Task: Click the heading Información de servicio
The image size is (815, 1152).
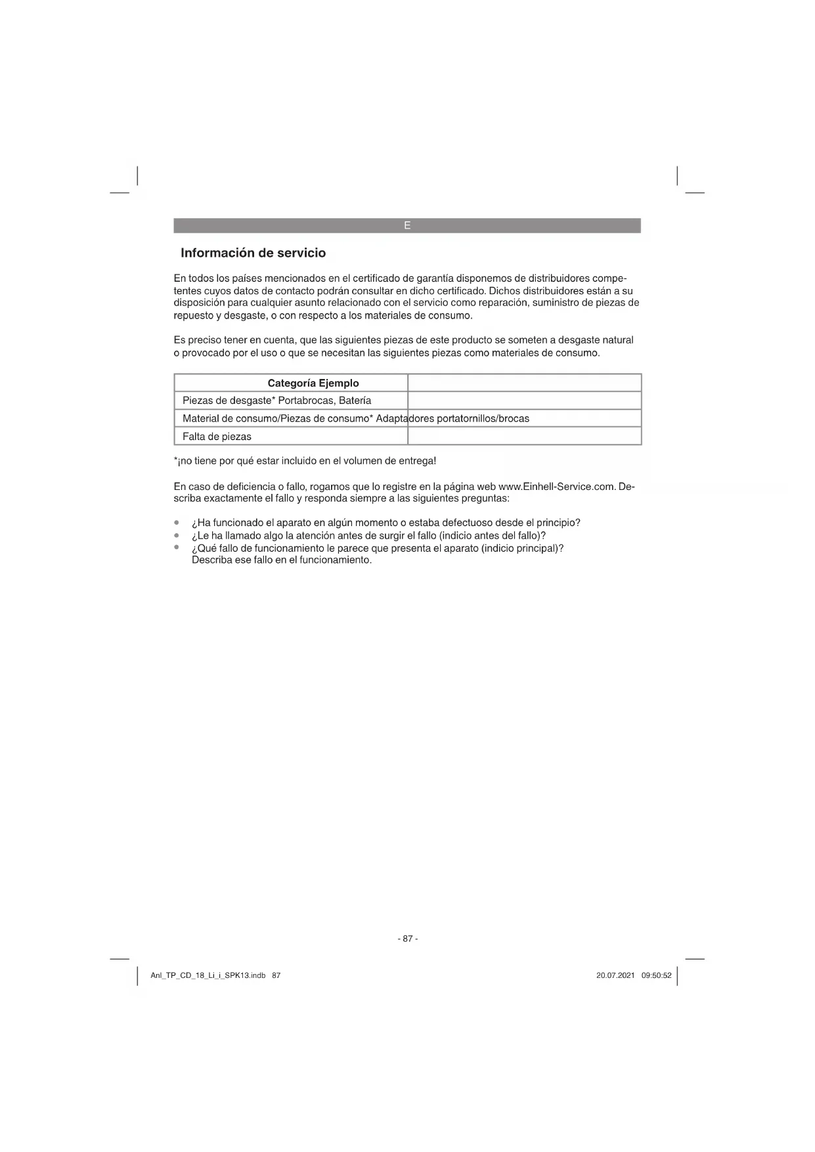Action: (253, 253)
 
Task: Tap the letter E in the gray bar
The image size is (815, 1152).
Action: (407, 225)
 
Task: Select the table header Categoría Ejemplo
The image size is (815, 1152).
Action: (313, 383)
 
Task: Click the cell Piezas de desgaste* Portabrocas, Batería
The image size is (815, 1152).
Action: (276, 401)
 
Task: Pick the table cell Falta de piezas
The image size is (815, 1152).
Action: (217, 437)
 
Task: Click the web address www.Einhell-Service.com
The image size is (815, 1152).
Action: (557, 487)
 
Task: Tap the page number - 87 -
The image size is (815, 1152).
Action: (407, 939)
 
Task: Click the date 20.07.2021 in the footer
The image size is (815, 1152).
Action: (615, 976)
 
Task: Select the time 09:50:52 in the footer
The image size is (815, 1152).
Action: (656, 976)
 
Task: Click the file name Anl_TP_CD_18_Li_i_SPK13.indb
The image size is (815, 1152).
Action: (208, 976)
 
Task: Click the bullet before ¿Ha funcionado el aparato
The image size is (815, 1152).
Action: (177, 523)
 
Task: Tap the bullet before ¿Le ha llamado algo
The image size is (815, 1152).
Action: (177, 535)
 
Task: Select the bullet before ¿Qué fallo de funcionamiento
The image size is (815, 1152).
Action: (177, 546)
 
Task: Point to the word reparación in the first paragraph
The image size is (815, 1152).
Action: (503, 303)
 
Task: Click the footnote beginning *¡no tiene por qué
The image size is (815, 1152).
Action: (305, 461)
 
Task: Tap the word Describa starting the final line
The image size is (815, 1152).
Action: (211, 560)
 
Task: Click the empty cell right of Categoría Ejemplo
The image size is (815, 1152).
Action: (524, 383)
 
